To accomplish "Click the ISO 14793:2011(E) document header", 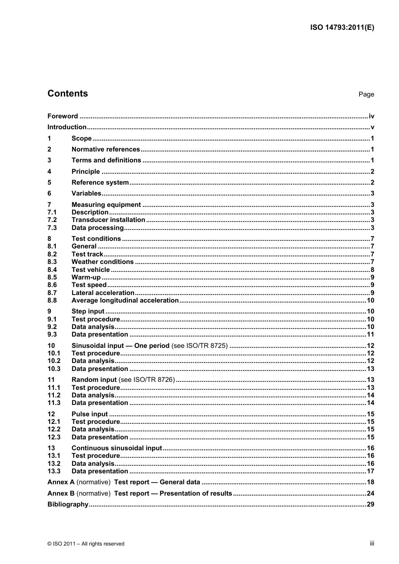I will pyautogui.click(x=342, y=28).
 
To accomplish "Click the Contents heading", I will pyautogui.click(x=68, y=94).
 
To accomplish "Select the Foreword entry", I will pyautogui.click(x=63, y=116).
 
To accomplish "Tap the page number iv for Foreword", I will pyautogui.click(x=371, y=116).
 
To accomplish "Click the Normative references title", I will pyautogui.click(x=105, y=149).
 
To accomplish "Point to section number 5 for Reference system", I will pyautogui.click(x=49, y=183).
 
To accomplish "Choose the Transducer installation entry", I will pyautogui.click(x=108, y=220).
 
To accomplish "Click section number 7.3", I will pyautogui.click(x=52, y=228).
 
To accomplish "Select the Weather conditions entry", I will pyautogui.click(x=102, y=262).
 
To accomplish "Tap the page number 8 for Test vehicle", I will pyautogui.click(x=372, y=270).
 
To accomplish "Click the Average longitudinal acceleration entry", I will pyautogui.click(x=125, y=300).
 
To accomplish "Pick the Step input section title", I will pyautogui.click(x=88, y=311).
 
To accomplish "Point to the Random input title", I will pyautogui.click(x=94, y=380).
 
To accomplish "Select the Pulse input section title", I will pyautogui.click(x=89, y=414).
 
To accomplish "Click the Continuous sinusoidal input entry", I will pyautogui.click(x=116, y=448).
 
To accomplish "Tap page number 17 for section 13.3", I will pyautogui.click(x=370, y=471).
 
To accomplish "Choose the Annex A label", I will pyautogui.click(x=61, y=482).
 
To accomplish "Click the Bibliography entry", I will pyautogui.click(x=68, y=504).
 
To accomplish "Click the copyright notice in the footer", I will pyautogui.click(x=86, y=544).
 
